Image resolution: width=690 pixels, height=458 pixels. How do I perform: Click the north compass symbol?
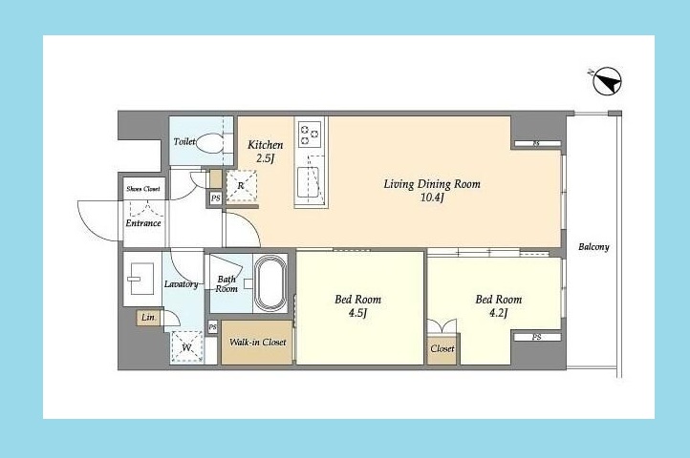[607, 81]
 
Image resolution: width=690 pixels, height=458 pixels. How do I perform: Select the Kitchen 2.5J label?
[265, 151]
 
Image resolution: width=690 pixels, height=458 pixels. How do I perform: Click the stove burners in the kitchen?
[310, 134]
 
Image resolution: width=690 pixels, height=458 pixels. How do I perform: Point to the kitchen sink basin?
[308, 182]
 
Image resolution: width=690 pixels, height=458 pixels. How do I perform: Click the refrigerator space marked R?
[241, 186]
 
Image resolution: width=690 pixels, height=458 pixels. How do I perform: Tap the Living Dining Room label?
[432, 184]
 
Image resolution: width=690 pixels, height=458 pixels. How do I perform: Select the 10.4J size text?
[432, 198]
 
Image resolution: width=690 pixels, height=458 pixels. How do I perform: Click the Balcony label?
[593, 246]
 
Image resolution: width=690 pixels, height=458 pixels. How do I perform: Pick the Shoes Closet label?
[143, 189]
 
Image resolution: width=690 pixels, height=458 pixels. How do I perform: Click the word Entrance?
[143, 223]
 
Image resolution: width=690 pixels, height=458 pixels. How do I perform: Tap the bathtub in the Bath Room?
[270, 283]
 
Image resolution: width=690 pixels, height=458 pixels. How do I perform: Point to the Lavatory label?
[181, 284]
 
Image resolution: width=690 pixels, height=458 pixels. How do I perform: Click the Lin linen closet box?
[148, 318]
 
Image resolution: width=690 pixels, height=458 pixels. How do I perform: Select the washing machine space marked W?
[187, 346]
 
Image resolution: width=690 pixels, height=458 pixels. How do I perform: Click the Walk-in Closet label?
[257, 342]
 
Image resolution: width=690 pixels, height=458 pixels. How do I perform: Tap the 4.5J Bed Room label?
[357, 306]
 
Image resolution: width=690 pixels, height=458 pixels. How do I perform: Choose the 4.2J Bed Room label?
[499, 306]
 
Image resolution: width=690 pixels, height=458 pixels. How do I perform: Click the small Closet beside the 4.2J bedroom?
[442, 349]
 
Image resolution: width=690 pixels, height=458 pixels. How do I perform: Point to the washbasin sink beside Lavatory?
[140, 279]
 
